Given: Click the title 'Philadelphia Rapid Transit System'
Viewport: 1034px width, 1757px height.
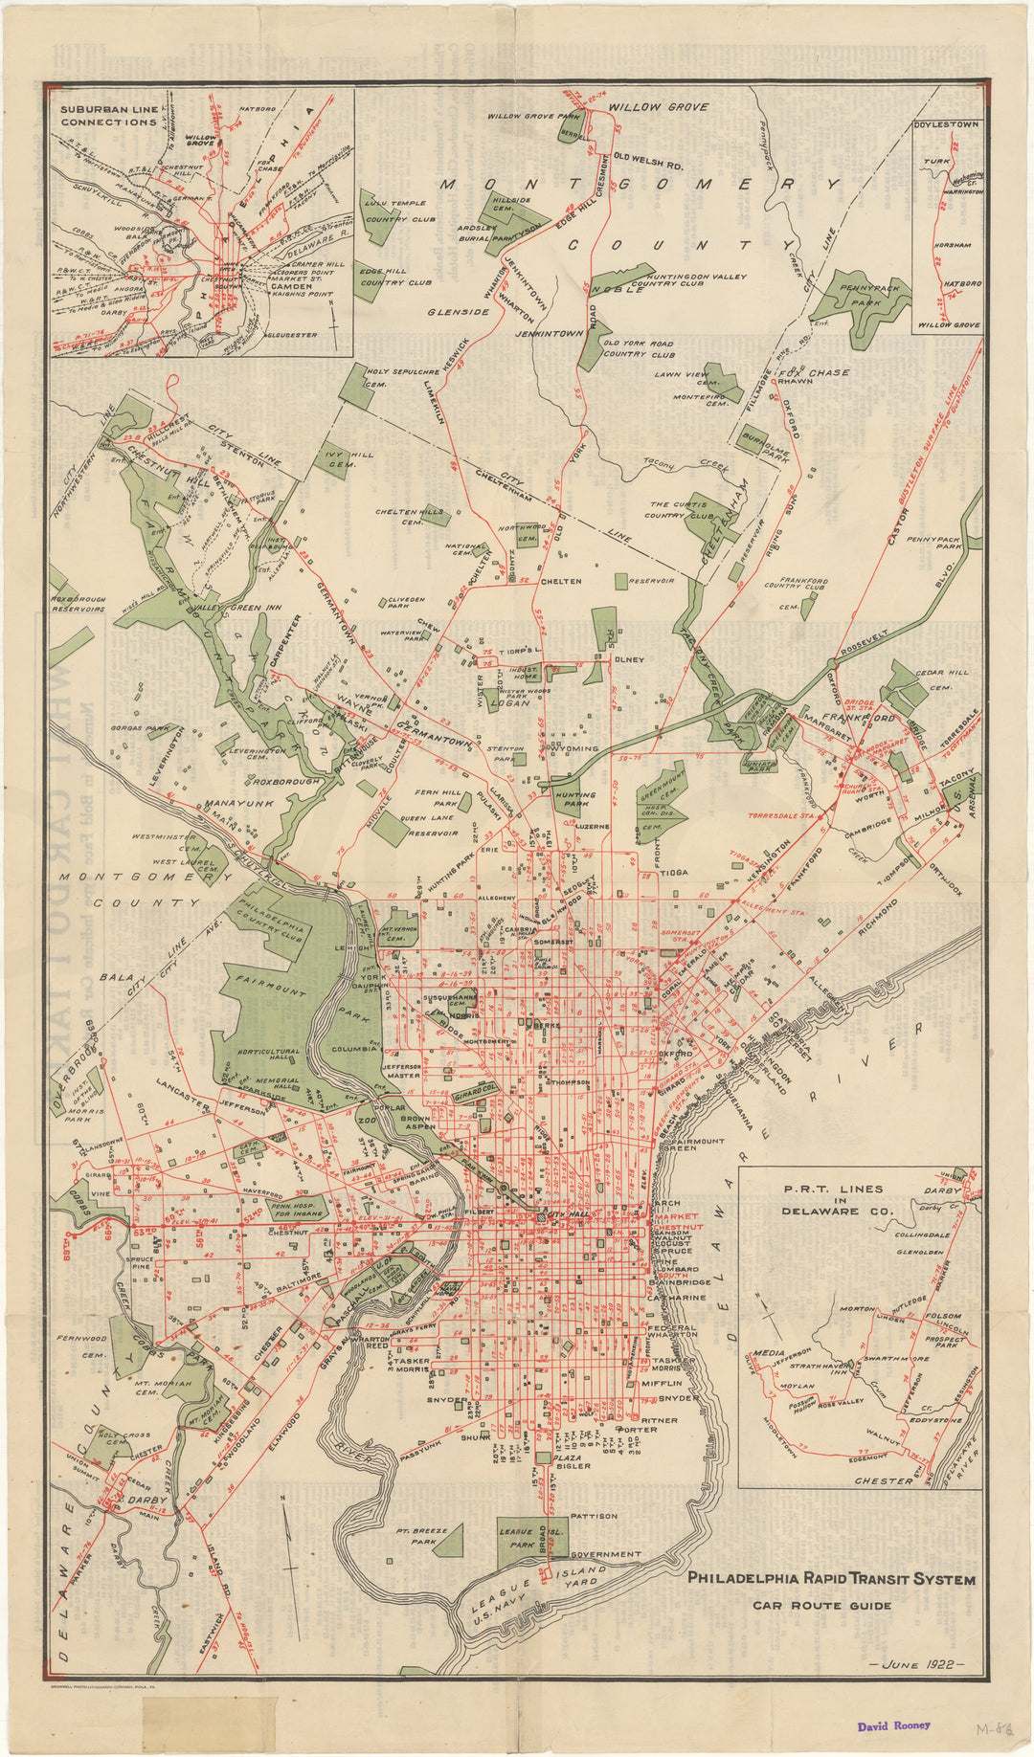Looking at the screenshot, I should (x=832, y=1579).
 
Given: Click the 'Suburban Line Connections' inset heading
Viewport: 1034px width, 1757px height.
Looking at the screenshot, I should (x=108, y=116).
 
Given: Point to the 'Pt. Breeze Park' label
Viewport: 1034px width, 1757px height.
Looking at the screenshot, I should (x=421, y=1537).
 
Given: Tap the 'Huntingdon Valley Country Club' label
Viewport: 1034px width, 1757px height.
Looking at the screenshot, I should (x=688, y=280).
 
